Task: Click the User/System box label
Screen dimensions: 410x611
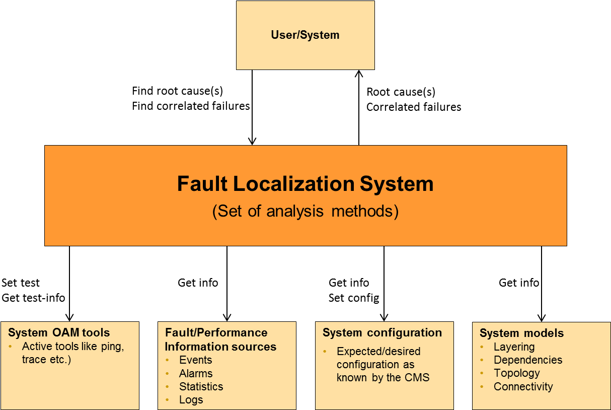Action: pos(305,35)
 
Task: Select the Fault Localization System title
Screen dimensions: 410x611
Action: pos(305,184)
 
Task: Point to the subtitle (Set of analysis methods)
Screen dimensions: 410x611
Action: pos(305,211)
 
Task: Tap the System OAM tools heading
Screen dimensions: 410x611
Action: pos(59,333)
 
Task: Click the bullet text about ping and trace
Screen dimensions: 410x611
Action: pos(72,353)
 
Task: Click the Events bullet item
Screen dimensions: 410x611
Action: pos(195,360)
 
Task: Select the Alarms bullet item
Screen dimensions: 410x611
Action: pos(195,374)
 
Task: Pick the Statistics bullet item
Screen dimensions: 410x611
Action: pos(201,387)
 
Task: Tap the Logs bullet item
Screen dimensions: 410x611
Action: pos(191,400)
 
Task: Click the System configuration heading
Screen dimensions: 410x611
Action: pos(382,333)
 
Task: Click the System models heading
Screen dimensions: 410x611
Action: pos(521,333)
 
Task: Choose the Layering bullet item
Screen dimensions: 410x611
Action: pos(514,347)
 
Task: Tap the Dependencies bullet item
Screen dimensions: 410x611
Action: pos(528,360)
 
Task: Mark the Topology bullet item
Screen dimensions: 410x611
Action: pos(516,373)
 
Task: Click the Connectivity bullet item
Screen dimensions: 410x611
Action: pos(523,387)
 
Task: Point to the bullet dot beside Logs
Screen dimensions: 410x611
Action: pos(167,400)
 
